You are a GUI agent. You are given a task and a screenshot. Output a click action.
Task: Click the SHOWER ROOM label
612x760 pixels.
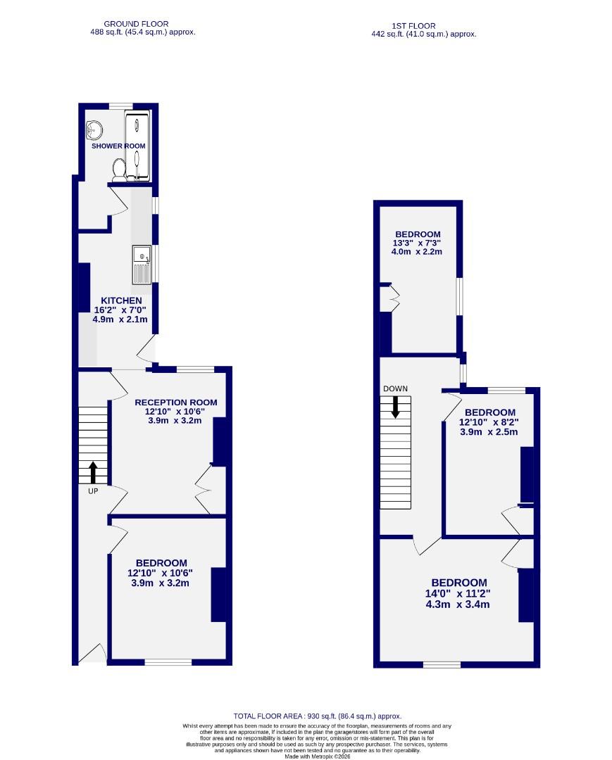(x=118, y=146)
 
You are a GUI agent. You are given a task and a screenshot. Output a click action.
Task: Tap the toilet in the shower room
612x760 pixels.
(x=119, y=169)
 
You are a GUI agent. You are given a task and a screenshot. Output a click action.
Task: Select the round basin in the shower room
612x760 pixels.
(x=94, y=129)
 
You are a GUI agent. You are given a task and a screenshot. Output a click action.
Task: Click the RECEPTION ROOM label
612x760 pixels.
(x=176, y=403)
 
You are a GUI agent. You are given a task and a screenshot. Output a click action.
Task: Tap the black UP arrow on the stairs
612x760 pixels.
(x=93, y=471)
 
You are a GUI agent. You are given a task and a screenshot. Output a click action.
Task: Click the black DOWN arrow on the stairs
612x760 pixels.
(x=395, y=407)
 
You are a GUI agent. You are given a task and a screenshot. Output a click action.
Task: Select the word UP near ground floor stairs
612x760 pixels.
(x=93, y=491)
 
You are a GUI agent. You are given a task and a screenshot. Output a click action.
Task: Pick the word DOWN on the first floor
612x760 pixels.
(x=395, y=388)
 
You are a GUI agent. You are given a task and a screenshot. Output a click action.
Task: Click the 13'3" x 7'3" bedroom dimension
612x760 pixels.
(x=418, y=243)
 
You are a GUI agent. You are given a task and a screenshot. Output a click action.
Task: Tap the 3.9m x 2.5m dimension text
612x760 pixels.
(x=488, y=431)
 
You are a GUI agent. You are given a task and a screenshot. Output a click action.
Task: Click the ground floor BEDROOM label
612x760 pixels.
(x=161, y=563)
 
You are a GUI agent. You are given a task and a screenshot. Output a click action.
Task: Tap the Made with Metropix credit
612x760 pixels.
(x=316, y=756)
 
